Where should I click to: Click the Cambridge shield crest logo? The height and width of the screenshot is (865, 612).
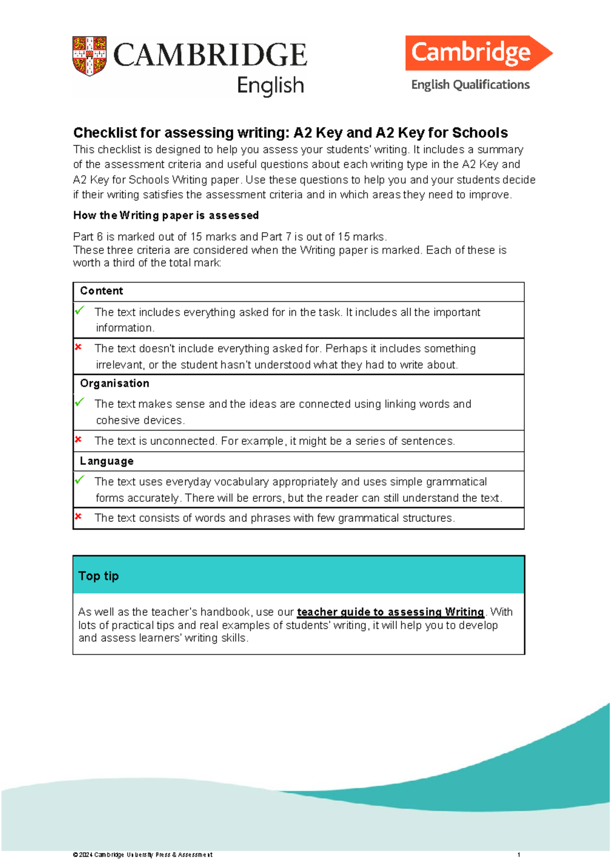89,56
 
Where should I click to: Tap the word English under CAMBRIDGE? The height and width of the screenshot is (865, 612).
270,86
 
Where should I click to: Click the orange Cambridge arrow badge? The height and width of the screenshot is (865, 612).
477,53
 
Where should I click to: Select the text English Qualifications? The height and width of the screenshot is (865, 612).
470,85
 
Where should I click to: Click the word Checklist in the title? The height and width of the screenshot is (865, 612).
105,133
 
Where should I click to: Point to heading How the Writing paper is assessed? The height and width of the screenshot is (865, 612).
166,215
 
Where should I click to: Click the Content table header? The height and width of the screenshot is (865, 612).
101,291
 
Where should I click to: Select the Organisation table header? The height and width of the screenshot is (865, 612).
114,384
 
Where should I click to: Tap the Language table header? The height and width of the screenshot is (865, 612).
107,461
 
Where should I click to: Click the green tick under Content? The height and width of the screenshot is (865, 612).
80,310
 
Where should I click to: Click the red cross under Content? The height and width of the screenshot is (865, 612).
79,347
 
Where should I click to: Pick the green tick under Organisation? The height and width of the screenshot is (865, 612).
80,402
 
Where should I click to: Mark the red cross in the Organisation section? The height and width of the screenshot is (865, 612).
79,439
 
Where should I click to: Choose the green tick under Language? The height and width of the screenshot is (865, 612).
80,479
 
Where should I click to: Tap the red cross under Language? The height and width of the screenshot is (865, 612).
79,516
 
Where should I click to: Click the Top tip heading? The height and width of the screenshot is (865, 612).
98,576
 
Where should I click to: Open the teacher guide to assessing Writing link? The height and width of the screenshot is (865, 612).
390,612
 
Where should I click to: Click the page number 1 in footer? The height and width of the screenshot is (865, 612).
519,855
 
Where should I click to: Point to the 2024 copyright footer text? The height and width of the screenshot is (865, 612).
143,855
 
